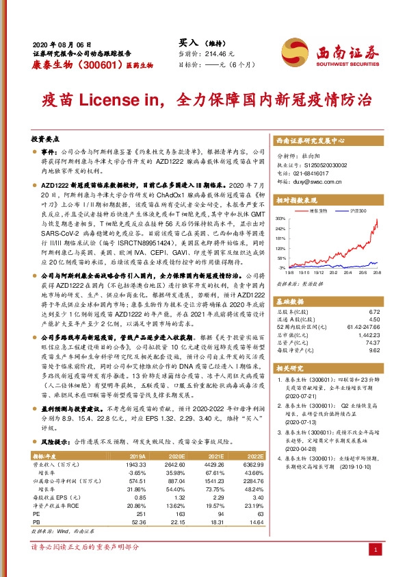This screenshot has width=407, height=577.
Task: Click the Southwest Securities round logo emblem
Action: point(300,50)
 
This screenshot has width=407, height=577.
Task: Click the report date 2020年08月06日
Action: point(62,42)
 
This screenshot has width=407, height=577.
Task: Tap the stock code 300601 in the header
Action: point(87,64)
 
